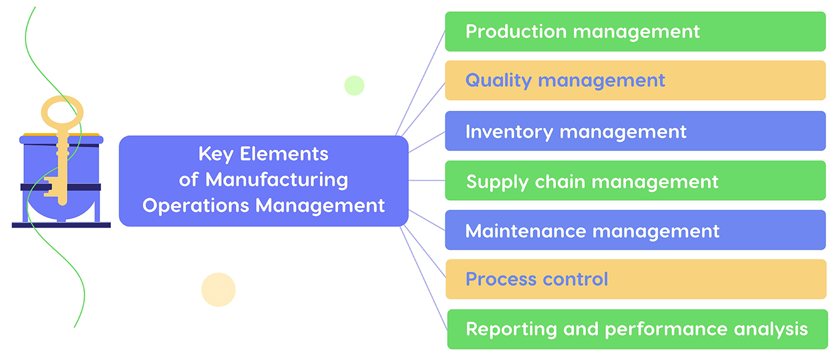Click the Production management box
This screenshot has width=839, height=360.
pyautogui.click(x=635, y=31)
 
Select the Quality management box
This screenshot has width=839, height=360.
pyautogui.click(x=635, y=80)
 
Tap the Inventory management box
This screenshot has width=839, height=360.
pyautogui.click(x=635, y=131)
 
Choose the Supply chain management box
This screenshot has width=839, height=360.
pyautogui.click(x=635, y=181)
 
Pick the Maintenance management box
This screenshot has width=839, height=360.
pyautogui.click(x=635, y=231)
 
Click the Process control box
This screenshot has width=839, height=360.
pyautogui.click(x=635, y=279)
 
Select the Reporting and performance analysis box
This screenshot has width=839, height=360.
pyautogui.click(x=636, y=329)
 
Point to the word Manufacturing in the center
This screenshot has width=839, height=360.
pyautogui.click(x=276, y=180)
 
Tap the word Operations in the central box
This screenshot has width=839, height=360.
pyautogui.click(x=196, y=205)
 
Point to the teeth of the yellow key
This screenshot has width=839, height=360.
pyautogui.click(x=52, y=186)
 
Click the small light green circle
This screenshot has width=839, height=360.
pyautogui.click(x=354, y=85)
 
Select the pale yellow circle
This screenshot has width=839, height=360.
pyautogui.click(x=218, y=290)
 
